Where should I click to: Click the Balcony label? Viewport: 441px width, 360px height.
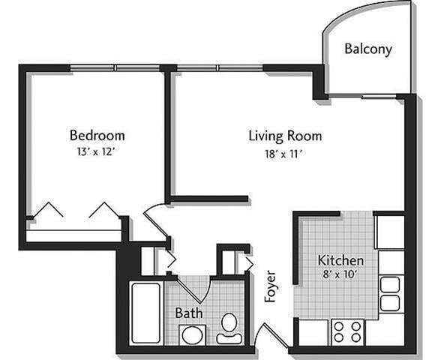[367, 49]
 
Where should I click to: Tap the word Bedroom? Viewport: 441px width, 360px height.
[97, 136]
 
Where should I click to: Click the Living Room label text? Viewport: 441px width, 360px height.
[285, 136]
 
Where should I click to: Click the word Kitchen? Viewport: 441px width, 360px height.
[341, 260]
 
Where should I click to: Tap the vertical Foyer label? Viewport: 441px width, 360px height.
[271, 286]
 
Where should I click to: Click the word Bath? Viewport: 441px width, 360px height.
[187, 312]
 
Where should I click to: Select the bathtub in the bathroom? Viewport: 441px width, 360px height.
[145, 313]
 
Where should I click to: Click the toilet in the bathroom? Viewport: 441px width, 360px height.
[229, 327]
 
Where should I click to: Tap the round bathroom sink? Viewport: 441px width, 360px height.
[192, 334]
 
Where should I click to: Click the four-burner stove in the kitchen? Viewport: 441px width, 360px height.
[347, 331]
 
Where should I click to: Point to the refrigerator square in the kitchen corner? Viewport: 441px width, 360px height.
[389, 232]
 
